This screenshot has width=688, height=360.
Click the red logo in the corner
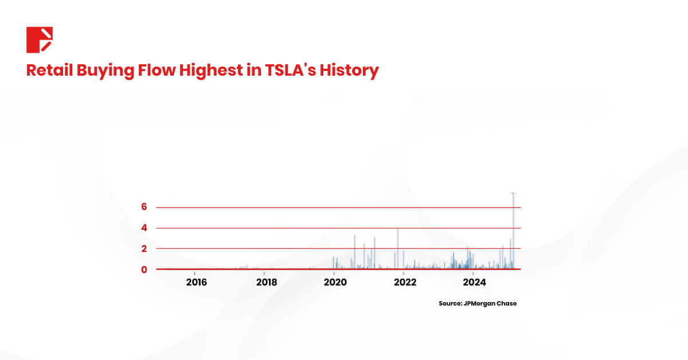[x=40, y=40]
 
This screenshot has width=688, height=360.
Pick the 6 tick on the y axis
[x=144, y=207]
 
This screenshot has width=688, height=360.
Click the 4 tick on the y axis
[x=144, y=228]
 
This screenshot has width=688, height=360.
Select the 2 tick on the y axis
[x=144, y=249]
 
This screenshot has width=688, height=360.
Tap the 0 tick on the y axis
[x=144, y=269]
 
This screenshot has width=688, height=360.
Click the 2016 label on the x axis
[x=196, y=282]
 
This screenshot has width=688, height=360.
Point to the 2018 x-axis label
[x=267, y=282]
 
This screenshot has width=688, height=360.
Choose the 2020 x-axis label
[x=334, y=282]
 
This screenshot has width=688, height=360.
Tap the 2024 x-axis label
[x=475, y=282]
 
